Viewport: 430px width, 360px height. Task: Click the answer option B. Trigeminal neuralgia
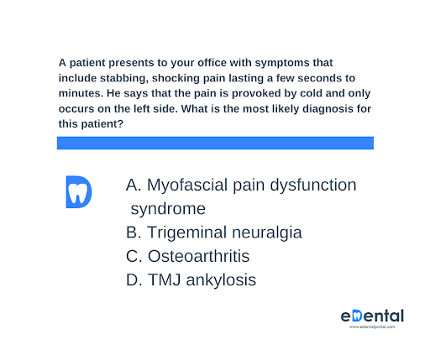[214, 232]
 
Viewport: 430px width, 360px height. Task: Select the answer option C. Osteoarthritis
[187, 256]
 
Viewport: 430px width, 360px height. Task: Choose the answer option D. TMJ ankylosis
[191, 279]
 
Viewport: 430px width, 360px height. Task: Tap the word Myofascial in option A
[187, 185]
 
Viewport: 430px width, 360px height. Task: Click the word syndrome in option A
[168, 209]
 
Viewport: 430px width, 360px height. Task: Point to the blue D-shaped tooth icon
[79, 192]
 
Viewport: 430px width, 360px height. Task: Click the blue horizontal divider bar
[215, 143]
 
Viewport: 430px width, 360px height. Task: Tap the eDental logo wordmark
[372, 316]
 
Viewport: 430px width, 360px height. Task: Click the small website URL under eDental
[372, 326]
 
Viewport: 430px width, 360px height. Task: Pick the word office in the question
[212, 63]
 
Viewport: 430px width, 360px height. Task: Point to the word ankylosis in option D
[221, 280]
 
